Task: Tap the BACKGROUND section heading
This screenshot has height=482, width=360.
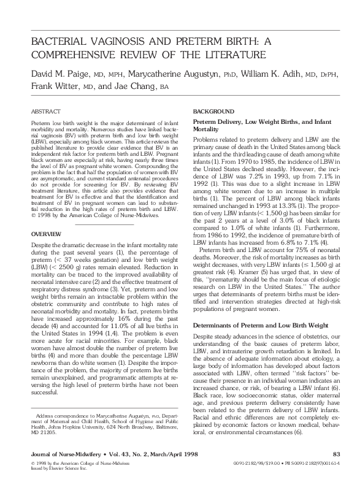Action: [x=213, y=111]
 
